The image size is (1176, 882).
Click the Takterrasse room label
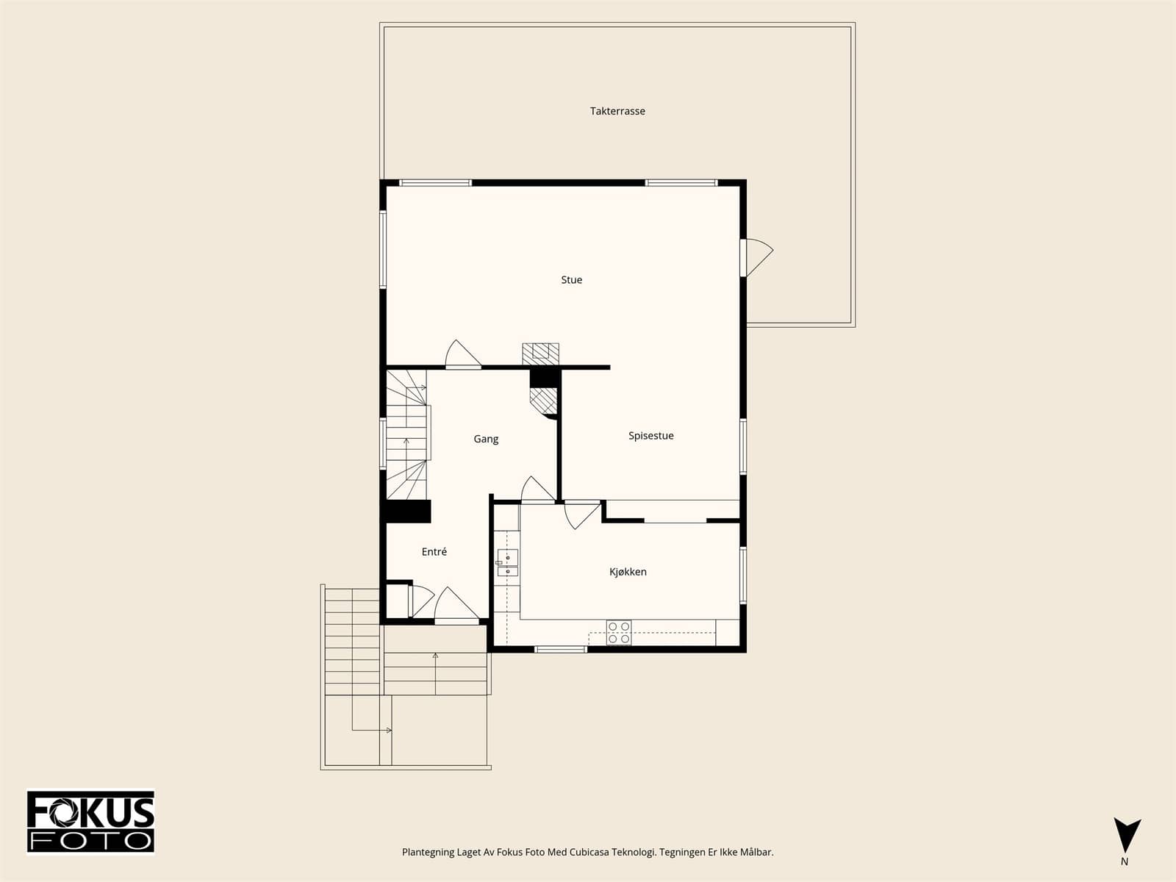617,112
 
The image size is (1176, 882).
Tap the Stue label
571,279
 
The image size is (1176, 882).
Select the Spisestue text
651,436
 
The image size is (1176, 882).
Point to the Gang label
486,439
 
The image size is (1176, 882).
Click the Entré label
434,551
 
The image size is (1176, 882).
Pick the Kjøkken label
628,572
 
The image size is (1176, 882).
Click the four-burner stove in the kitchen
619,632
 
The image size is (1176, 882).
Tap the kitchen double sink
507,562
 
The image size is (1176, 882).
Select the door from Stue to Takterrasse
756,257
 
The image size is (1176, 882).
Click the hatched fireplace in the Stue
540,354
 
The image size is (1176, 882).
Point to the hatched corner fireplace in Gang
543,401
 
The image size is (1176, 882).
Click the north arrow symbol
1127,836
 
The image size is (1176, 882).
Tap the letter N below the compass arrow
1125,861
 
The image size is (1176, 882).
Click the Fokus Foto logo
90,822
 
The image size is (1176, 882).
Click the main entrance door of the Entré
456,606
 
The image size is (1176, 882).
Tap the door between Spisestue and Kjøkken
582,514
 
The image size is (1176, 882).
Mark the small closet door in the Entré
421,601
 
